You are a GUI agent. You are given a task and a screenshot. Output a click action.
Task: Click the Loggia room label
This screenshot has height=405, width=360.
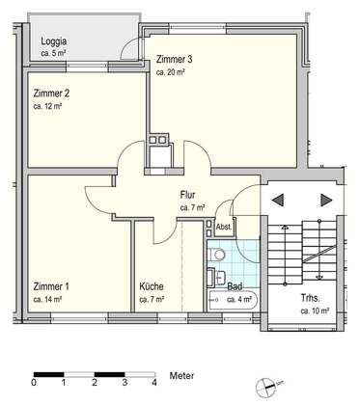tap(54, 41)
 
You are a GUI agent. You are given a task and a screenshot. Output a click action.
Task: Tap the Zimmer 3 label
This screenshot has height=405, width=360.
tap(175, 60)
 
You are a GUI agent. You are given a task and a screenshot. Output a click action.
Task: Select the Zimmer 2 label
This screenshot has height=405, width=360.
tap(51, 94)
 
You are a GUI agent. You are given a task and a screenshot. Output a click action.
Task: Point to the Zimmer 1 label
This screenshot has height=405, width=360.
tap(51, 286)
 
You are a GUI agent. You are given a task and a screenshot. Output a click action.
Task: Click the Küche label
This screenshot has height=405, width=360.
tap(152, 286)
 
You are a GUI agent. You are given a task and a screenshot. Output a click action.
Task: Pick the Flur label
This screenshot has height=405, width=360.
tap(187, 195)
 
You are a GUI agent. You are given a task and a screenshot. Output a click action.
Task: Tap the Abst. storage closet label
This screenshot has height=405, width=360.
tap(224, 227)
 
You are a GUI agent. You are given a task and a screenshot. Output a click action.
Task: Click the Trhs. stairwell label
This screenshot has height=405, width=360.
tap(310, 298)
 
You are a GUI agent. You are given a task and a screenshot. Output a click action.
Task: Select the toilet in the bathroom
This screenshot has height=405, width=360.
tap(216, 256)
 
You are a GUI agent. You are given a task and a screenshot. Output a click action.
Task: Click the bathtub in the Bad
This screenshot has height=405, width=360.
tap(233, 300)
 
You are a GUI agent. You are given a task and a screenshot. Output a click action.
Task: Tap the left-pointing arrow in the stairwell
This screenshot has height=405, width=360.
tap(278, 201)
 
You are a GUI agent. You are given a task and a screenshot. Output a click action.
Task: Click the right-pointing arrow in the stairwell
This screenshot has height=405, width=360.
tap(326, 201)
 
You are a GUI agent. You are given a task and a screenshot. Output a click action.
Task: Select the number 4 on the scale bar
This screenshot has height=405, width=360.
tap(154, 383)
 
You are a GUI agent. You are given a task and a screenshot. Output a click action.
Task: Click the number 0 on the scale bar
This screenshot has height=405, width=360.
tap(34, 383)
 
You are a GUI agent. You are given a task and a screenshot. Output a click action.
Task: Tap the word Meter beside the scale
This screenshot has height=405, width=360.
tap(181, 375)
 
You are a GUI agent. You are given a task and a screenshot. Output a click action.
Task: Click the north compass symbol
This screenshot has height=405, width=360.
tap(265, 387)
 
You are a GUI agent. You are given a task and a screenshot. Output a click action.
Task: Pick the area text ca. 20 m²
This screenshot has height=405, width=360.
tap(170, 72)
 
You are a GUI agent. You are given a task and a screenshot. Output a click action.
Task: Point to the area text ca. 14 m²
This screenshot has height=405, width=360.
tap(47, 299)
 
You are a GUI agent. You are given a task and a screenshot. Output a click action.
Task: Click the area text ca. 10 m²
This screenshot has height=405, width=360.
tap(315, 310)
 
